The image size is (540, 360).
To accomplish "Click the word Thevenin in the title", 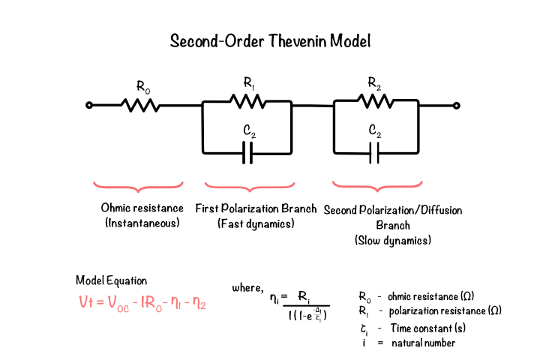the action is pos(298,40).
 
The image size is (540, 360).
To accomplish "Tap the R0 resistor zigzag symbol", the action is pos(140,105).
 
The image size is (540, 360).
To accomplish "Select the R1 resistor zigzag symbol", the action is pos(247,101).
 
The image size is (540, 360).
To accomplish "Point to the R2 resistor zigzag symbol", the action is pos(375,101).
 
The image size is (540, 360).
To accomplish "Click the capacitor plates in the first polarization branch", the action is pos(247,153).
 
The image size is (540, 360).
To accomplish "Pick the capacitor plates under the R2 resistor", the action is pos(374,153).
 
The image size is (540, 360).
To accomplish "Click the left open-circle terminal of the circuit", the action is pos(89,105).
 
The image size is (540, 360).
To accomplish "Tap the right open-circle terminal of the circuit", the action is pos(456,106).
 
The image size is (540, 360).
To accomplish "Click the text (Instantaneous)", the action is pos(142,223).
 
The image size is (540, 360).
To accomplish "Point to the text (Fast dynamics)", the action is pos(256,223).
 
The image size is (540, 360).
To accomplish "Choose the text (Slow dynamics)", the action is pos(393,240).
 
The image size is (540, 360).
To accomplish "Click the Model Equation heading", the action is pos(111,280).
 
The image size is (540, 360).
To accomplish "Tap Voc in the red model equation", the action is pos(118,304).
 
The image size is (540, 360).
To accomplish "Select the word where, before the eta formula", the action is pos(247,287).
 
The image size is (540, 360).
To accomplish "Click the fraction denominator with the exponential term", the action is pos(307,315).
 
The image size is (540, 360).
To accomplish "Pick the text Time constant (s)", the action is pos(428,328).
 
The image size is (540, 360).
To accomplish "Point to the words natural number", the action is pos(423,343).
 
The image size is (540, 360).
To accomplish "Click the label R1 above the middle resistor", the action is pos(249,83).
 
